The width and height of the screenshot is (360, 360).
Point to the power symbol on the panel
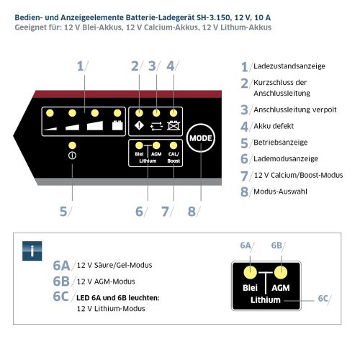point(72,156)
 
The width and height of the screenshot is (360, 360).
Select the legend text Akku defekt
point(273,126)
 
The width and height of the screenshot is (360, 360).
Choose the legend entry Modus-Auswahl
point(282,191)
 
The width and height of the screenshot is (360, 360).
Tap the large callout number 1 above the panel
point(80,66)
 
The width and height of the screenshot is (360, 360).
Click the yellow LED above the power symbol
point(72,146)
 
